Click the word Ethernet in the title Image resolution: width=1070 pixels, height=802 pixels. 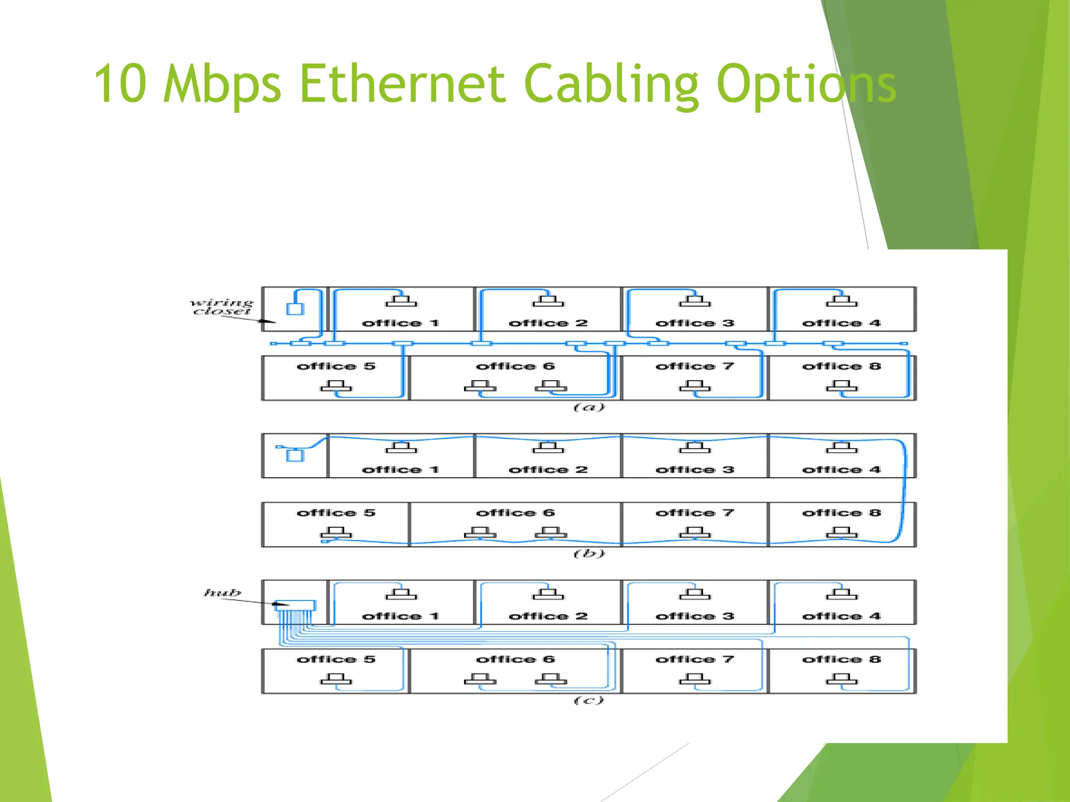[x=402, y=84]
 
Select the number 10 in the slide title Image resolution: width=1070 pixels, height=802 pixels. [x=120, y=84]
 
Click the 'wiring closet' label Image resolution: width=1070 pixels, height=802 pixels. [x=222, y=307]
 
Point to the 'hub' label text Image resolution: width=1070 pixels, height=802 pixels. [x=223, y=593]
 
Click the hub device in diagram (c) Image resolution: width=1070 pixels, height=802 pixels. [x=295, y=606]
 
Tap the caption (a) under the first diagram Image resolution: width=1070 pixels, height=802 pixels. [x=589, y=407]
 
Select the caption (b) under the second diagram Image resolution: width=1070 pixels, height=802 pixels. [x=589, y=553]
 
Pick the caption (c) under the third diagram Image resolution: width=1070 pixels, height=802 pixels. [x=589, y=700]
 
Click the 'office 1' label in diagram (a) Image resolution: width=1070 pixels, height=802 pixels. [x=400, y=323]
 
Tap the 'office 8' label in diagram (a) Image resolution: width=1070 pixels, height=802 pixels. [x=841, y=366]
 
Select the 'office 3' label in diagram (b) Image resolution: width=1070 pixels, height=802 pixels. [x=694, y=470]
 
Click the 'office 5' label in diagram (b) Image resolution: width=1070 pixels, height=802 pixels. [x=336, y=513]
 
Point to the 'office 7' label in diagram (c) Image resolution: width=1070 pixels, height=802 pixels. [x=694, y=659]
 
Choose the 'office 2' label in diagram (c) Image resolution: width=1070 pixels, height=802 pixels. [x=548, y=617]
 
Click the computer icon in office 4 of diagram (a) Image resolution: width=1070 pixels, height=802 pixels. [x=841, y=301]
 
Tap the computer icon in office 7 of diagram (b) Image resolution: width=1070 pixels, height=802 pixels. [x=694, y=532]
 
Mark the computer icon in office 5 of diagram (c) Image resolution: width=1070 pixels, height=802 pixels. [x=336, y=679]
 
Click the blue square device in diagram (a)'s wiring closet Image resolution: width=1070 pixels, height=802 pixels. [x=295, y=309]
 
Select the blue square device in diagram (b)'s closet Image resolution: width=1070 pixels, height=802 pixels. [x=295, y=455]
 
